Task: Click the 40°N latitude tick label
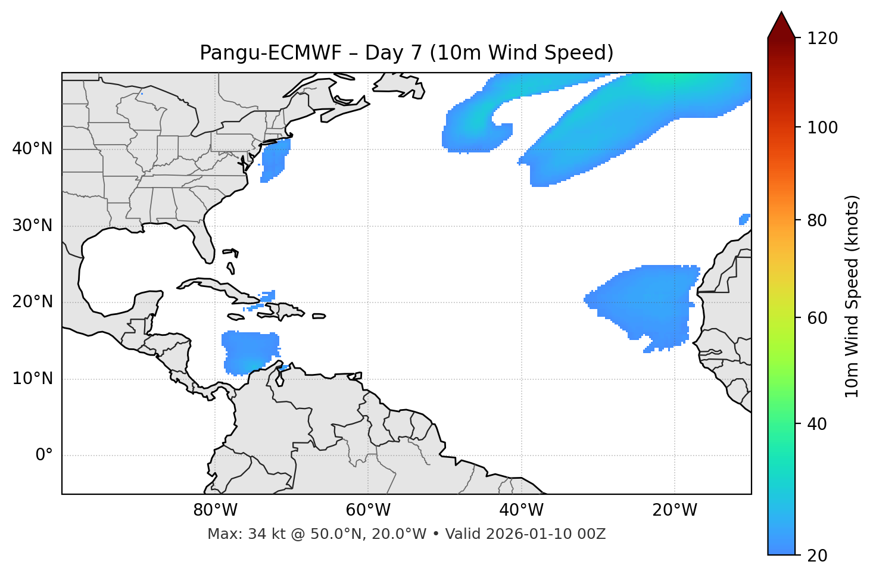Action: (32, 149)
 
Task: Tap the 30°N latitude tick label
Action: (32, 226)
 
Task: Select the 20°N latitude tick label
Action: (32, 302)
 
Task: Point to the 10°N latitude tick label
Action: (32, 379)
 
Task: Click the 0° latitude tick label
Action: (43, 456)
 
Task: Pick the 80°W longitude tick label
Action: (215, 510)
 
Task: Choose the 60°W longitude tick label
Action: (368, 510)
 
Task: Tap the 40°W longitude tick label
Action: (521, 510)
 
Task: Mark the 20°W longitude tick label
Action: (674, 510)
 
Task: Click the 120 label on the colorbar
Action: (822, 39)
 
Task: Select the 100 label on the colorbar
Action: (822, 127)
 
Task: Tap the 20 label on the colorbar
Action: (818, 556)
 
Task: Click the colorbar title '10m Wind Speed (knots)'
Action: (852, 296)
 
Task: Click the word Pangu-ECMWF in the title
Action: (270, 53)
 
